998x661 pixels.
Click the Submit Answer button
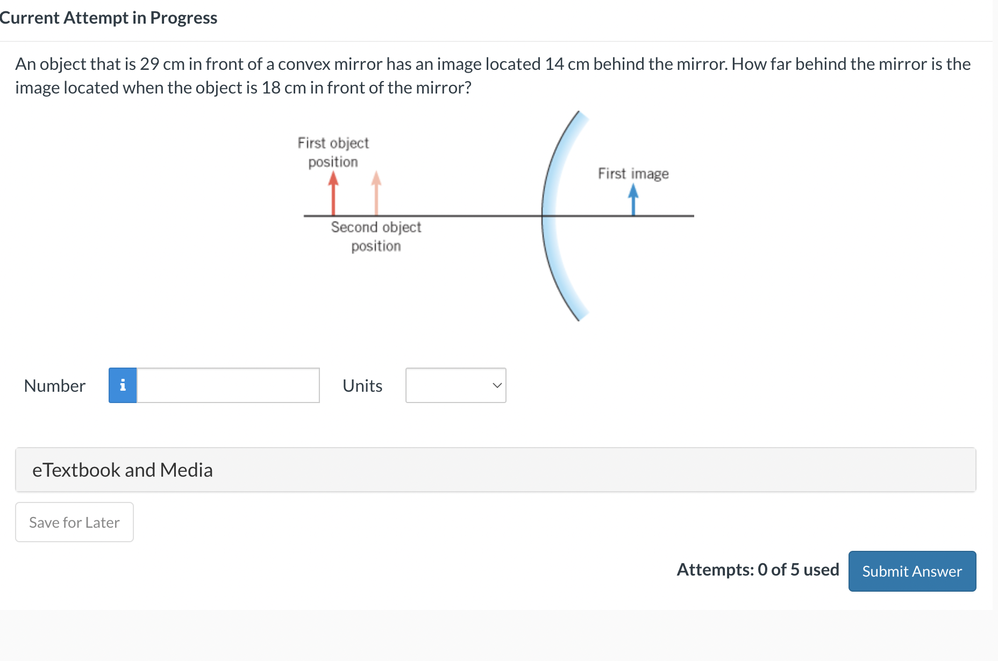[x=912, y=571]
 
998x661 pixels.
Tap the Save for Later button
[x=74, y=522]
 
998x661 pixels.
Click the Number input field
[x=228, y=385]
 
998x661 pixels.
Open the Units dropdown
[x=455, y=385]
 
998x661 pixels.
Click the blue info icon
[x=123, y=385]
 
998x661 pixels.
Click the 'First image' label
[x=633, y=174]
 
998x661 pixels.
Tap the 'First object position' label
[x=333, y=152]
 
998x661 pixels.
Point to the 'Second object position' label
[x=376, y=236]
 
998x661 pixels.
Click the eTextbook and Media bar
[x=495, y=470]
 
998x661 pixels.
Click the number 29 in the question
[x=149, y=64]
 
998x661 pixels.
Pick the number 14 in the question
[x=554, y=64]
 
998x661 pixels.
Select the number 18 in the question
[x=271, y=88]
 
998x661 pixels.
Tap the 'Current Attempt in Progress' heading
[x=109, y=18]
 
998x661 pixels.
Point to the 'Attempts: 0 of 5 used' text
[x=758, y=570]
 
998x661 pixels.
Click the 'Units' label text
[x=362, y=386]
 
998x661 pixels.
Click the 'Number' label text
[x=55, y=386]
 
